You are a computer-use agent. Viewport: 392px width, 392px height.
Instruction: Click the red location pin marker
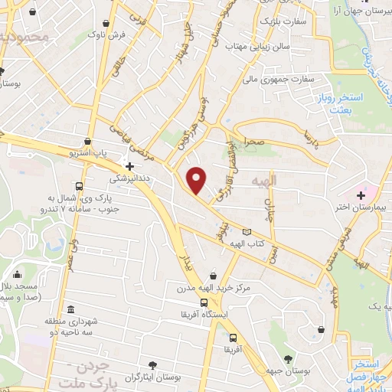coord(197,181)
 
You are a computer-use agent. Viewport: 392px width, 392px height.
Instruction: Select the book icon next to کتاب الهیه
coord(246,232)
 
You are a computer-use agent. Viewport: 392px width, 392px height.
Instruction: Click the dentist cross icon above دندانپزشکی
coord(129,165)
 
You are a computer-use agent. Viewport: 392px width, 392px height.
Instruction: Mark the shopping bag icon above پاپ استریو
coord(90,142)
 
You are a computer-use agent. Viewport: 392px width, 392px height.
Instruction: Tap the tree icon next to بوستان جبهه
coord(289,359)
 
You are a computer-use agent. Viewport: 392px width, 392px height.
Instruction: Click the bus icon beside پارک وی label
coord(80,187)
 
